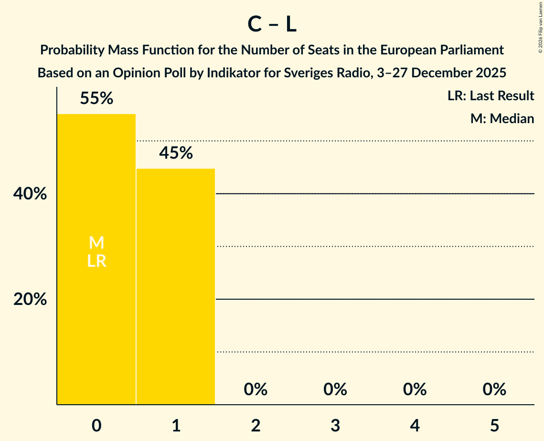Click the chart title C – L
coord(272,25)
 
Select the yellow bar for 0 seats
coord(96,310)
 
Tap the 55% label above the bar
coord(96,99)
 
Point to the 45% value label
coord(176,153)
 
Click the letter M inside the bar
coord(96,243)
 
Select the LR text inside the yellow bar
coord(96,262)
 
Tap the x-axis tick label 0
coord(96,425)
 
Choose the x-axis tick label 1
coord(176,425)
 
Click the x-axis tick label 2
coord(256,425)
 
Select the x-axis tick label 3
coord(335,425)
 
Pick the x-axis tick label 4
coord(415,425)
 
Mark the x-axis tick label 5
coord(494,425)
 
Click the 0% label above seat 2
coord(256,390)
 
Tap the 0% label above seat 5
coord(494,390)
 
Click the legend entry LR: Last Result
coord(491,96)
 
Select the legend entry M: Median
coord(502,118)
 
